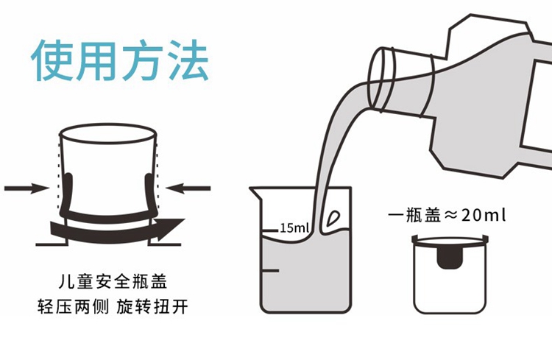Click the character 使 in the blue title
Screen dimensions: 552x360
[53, 60]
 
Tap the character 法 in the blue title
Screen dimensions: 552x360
[188, 60]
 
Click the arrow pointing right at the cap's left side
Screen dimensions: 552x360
[27, 188]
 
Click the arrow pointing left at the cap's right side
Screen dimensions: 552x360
[188, 188]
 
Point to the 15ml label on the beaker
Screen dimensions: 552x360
[294, 228]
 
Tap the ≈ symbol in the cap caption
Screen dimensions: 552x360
[450, 215]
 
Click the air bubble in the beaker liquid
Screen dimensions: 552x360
[333, 219]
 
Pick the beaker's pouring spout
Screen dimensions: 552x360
[256, 193]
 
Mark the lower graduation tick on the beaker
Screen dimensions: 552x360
[270, 271]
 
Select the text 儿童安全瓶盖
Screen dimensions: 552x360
[113, 282]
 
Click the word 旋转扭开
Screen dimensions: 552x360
[152, 307]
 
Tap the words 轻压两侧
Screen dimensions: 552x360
[73, 307]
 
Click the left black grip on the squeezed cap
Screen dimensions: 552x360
[67, 194]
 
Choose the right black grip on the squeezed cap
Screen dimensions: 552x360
[151, 194]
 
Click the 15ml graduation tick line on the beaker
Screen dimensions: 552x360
[270, 230]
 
